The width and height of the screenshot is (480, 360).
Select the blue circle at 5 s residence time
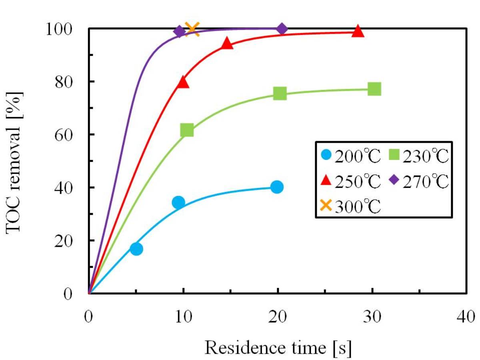136,249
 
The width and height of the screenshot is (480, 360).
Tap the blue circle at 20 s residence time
276,187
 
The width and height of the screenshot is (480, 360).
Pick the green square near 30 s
374,89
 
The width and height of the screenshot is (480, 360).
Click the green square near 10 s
187,130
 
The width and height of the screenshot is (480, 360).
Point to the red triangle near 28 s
358,31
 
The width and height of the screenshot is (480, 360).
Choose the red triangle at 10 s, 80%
183,82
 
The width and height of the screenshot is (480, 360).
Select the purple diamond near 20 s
282,29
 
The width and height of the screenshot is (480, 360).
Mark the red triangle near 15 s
227,44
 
